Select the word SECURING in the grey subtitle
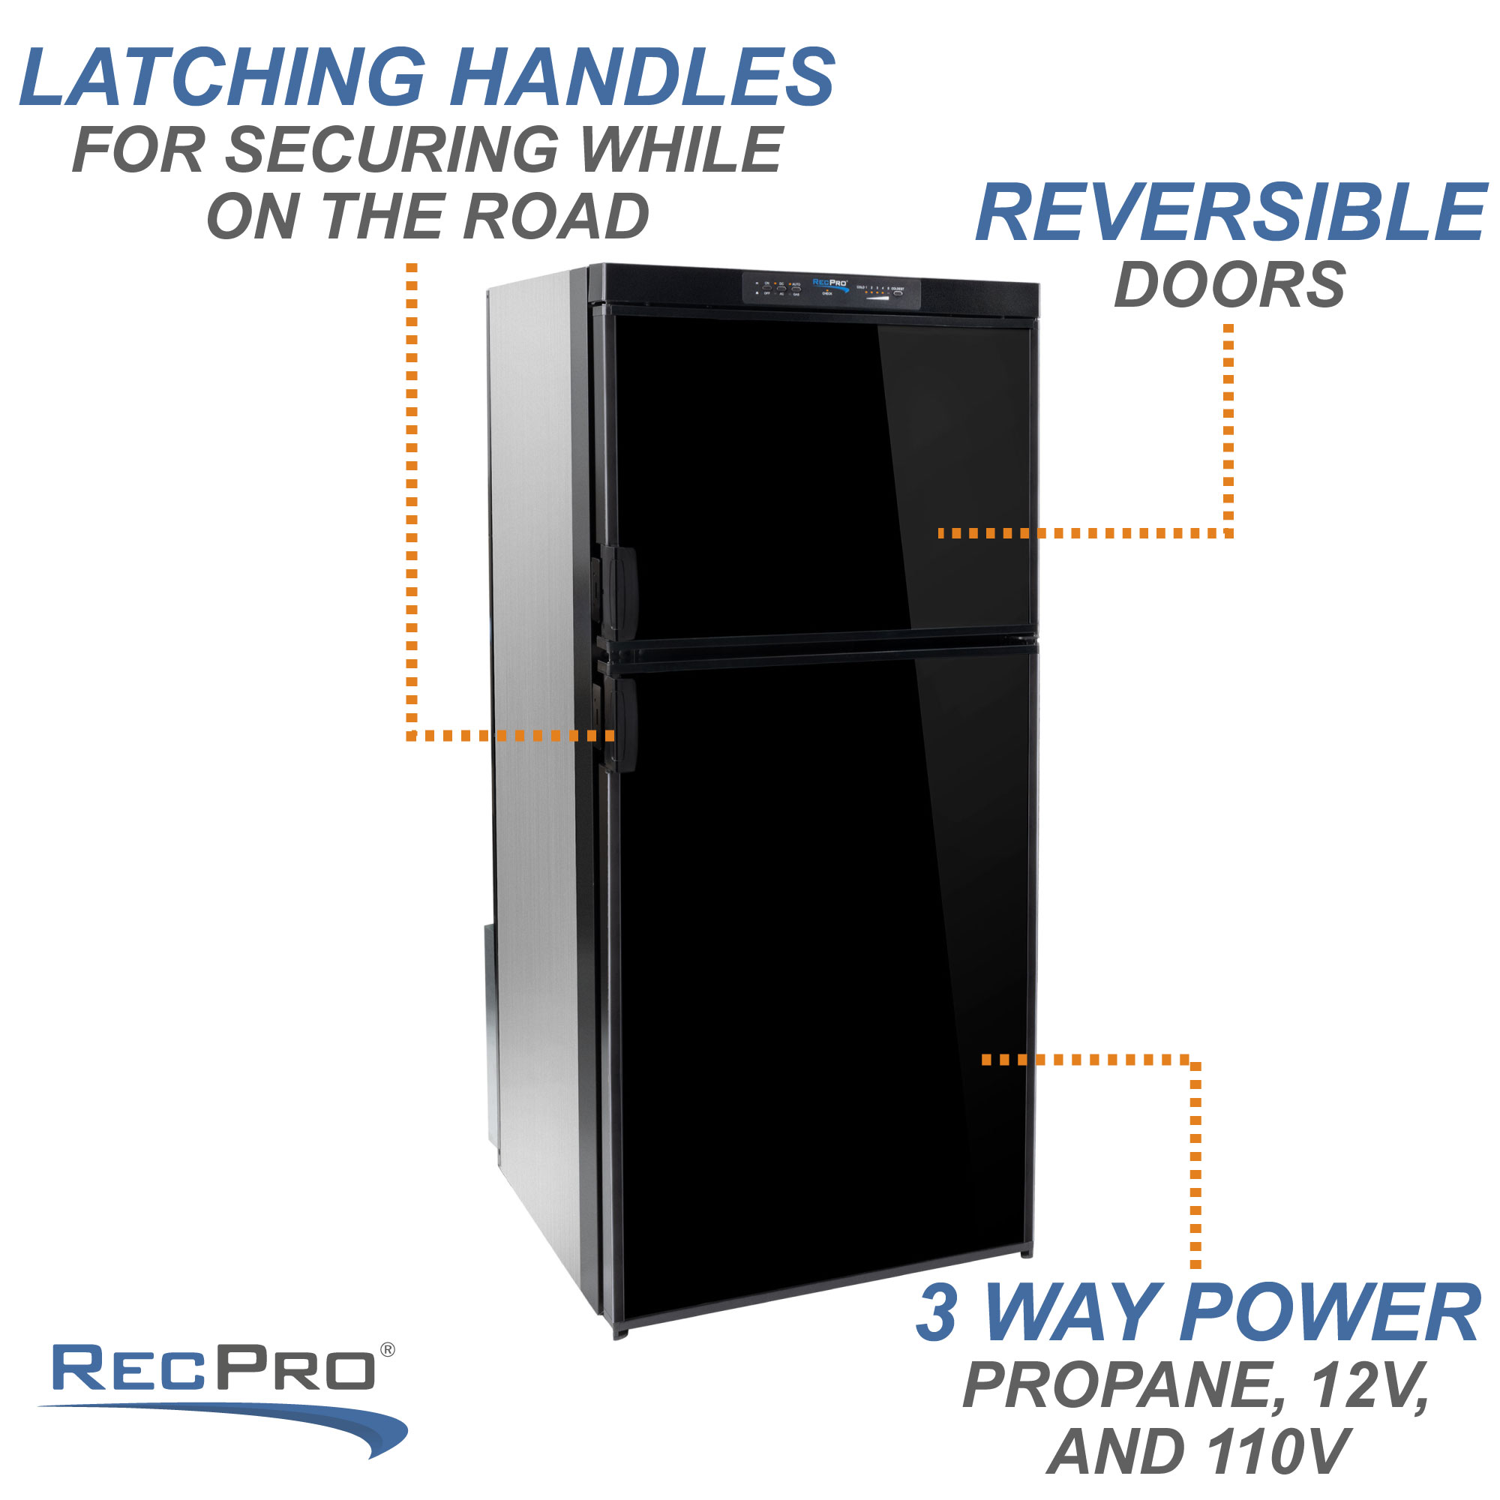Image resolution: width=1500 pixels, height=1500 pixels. click(x=391, y=149)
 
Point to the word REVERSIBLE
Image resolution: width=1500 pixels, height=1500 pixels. click(x=1231, y=213)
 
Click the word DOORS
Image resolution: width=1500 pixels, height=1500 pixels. click(x=1230, y=285)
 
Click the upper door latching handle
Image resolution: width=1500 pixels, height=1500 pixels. click(x=619, y=592)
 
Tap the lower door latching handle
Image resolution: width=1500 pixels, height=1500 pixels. click(x=619, y=724)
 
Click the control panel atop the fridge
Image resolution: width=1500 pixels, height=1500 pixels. click(x=832, y=289)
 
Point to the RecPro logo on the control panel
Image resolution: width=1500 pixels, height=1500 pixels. click(x=830, y=283)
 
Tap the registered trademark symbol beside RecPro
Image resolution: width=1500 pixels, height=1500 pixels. click(x=388, y=1350)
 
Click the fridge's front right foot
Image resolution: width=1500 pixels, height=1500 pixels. click(x=1027, y=1252)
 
